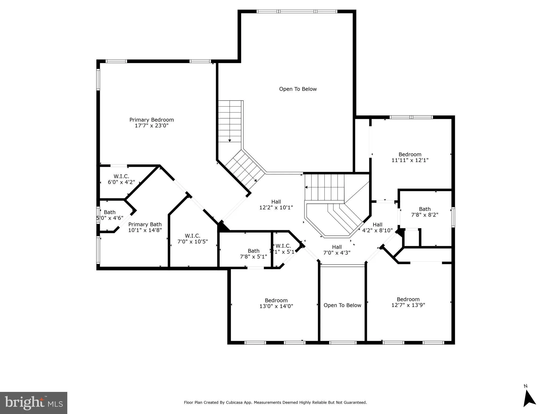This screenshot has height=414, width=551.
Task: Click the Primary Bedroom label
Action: click(x=152, y=120)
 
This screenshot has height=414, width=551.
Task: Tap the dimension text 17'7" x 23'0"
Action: click(x=152, y=126)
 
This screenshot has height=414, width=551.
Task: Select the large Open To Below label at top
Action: click(x=298, y=89)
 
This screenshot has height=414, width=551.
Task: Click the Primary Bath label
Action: click(x=145, y=224)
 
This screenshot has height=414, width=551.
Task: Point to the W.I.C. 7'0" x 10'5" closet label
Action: click(x=192, y=239)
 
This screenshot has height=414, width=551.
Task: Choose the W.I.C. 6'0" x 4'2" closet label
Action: click(x=121, y=179)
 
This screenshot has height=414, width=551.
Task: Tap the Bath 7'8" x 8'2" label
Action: click(x=424, y=212)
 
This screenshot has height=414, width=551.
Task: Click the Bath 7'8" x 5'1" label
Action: click(x=253, y=254)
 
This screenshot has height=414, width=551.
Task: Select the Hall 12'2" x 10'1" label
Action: click(x=276, y=205)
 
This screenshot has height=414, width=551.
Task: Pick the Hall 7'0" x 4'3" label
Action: click(x=336, y=250)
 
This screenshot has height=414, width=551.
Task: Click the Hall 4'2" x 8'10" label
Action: click(x=377, y=227)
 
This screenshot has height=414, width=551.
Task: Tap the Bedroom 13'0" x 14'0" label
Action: click(x=276, y=303)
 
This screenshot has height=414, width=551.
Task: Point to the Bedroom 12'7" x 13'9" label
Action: click(x=408, y=302)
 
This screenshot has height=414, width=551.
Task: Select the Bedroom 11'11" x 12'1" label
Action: click(x=410, y=157)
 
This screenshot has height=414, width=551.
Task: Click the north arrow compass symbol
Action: click(x=529, y=403)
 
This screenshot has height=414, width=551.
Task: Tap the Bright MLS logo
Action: click(x=34, y=403)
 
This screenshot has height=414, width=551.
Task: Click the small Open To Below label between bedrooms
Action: click(x=342, y=305)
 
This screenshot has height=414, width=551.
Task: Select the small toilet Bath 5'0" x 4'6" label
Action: click(x=110, y=215)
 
